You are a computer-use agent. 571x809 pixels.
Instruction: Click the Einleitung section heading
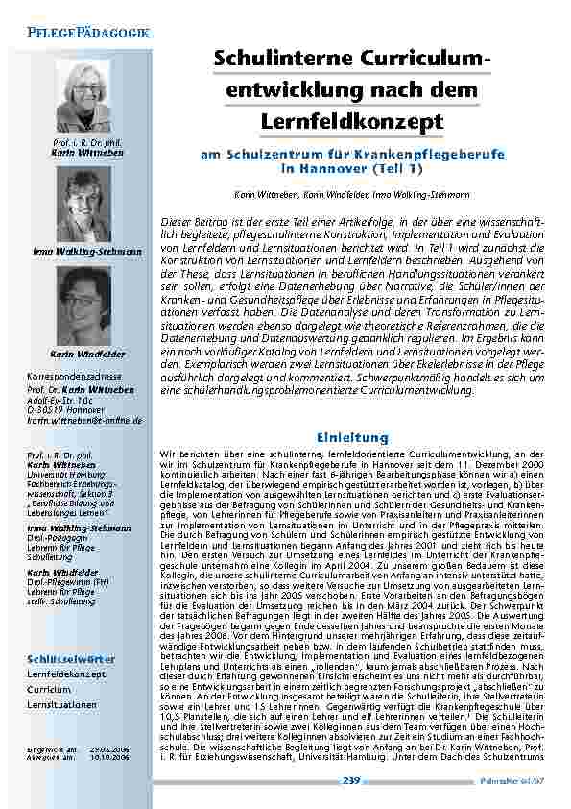tap(352, 437)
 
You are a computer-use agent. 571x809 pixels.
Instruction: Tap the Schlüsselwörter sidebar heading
tap(71, 659)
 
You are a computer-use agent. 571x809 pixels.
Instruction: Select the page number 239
tap(350, 782)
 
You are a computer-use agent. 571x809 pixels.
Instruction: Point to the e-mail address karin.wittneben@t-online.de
tap(84, 421)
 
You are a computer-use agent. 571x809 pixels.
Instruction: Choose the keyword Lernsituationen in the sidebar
tap(62, 704)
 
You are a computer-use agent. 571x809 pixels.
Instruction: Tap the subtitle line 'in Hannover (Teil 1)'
tap(351, 167)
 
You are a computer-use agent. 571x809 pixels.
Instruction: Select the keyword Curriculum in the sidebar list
tap(49, 690)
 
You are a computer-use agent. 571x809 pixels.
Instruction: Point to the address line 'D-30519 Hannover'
tap(64, 411)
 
